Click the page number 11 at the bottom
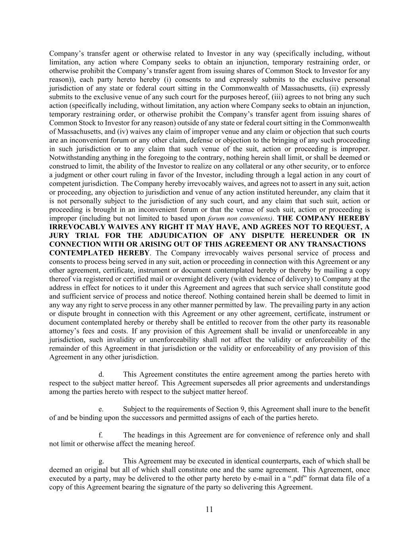click(x=209, y=510)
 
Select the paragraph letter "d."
click(x=101, y=374)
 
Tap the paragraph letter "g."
click(x=101, y=461)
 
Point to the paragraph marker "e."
click(x=101, y=409)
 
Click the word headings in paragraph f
click(x=151, y=435)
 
